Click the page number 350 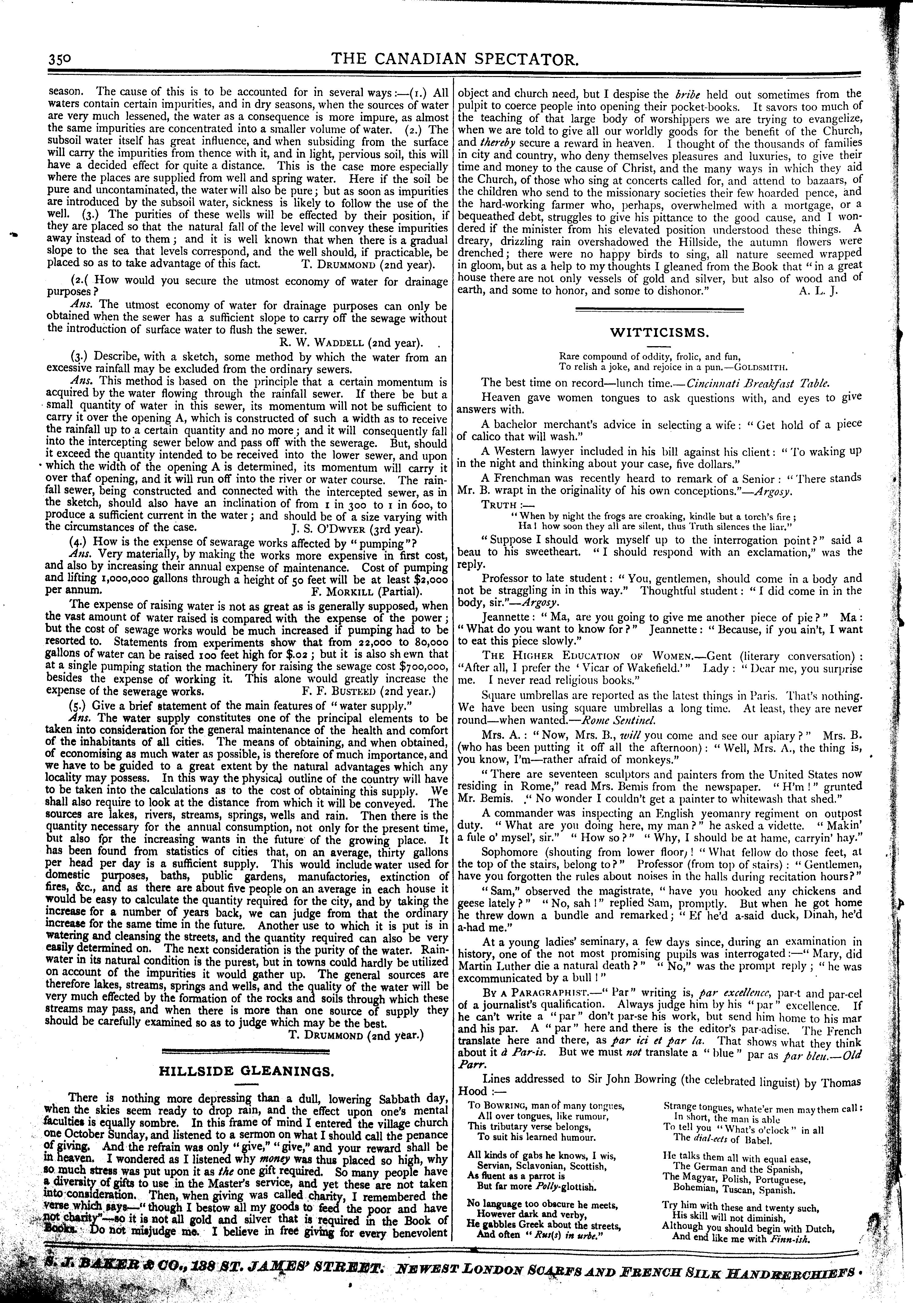[x=58, y=59]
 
